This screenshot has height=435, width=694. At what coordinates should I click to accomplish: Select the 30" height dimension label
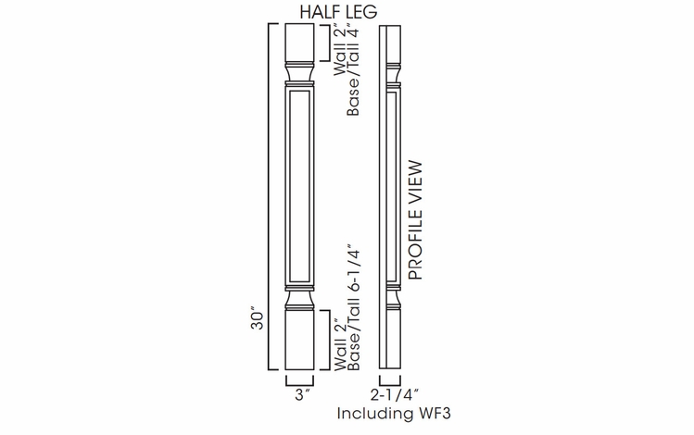[x=259, y=319]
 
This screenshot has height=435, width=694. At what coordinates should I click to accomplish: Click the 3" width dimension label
[x=301, y=394]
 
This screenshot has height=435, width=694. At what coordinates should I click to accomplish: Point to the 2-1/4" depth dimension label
[x=389, y=394]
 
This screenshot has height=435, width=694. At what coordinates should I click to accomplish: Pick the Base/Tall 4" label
[x=353, y=79]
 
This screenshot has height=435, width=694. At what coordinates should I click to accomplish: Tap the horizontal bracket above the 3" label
[x=301, y=379]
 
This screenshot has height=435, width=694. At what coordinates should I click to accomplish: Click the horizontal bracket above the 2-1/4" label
[x=389, y=379]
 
